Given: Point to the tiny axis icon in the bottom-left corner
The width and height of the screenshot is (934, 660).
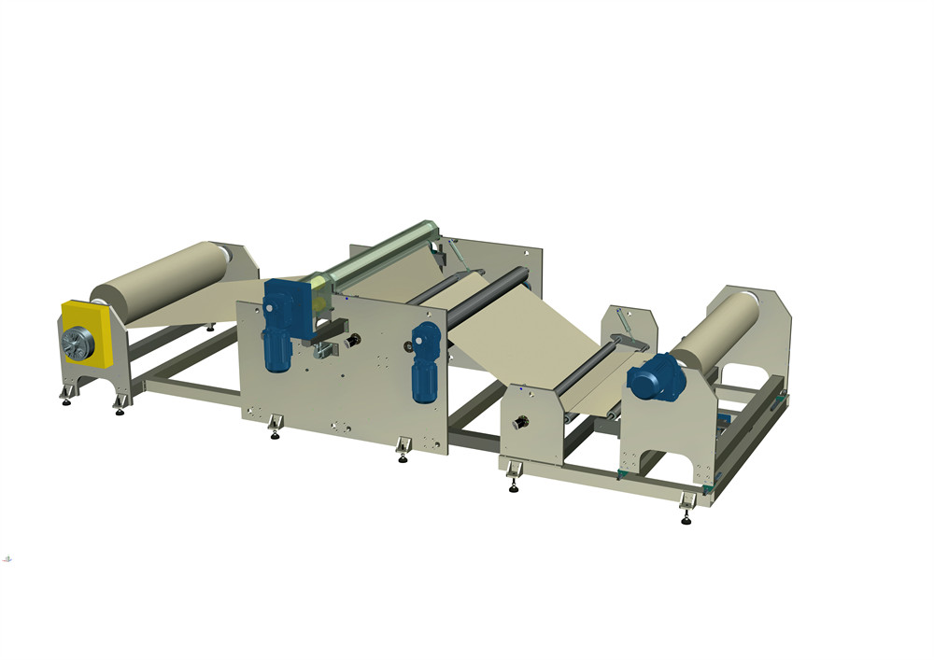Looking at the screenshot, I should pos(7,558).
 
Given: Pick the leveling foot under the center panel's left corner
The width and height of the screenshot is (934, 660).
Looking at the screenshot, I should pos(274,430).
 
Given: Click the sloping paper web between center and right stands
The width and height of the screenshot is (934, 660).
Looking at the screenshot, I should pos(523,336).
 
